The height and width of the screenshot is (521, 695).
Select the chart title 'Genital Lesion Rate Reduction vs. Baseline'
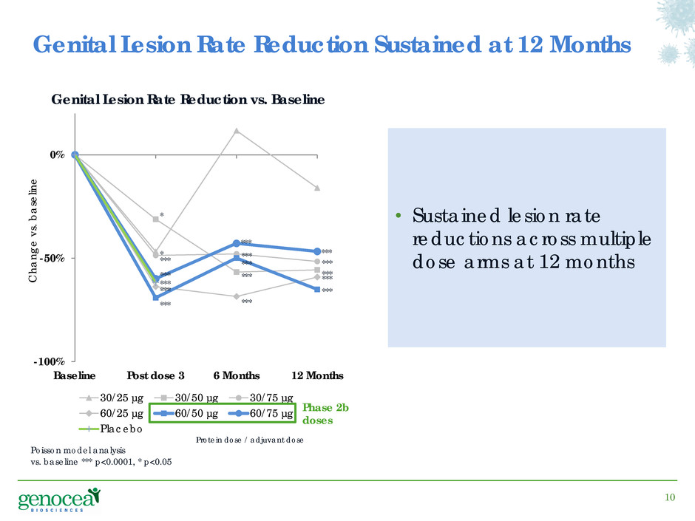(188, 99)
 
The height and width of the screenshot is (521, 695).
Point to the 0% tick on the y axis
(58, 155)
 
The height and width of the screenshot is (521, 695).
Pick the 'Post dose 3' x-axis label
(155, 375)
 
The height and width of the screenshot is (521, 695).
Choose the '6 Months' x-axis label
(236, 375)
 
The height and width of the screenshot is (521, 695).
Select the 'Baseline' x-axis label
(75, 375)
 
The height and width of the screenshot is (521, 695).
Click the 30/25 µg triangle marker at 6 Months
(236, 131)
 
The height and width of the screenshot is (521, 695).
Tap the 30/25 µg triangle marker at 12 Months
(316, 188)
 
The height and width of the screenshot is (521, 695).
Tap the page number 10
(670, 497)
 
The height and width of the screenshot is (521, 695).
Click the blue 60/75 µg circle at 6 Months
(236, 243)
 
